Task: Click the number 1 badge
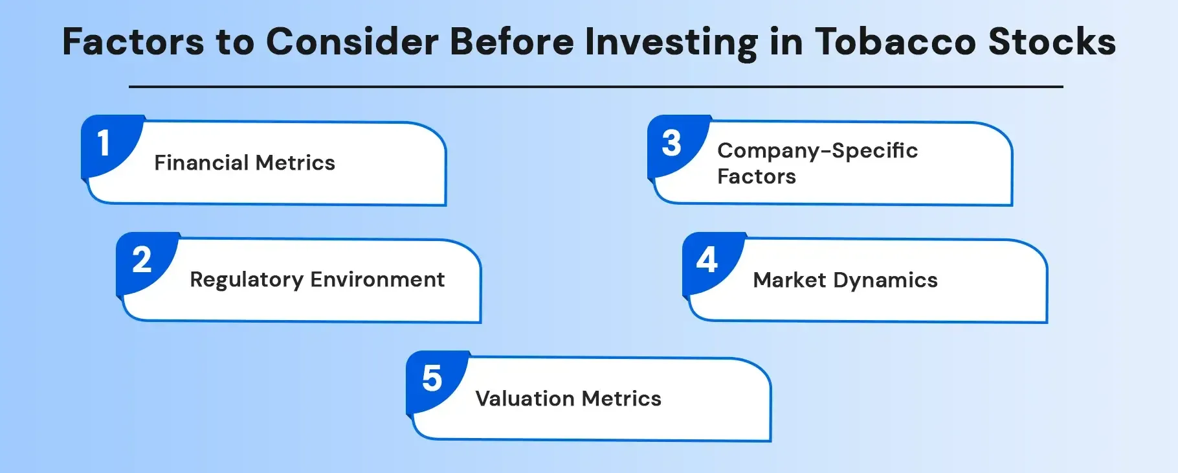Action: click(x=104, y=143)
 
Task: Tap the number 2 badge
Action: click(x=142, y=260)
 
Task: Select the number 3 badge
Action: click(x=671, y=143)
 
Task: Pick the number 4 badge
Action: click(x=707, y=260)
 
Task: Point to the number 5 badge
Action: click(x=432, y=378)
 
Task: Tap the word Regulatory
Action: click(x=246, y=280)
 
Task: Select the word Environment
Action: click(x=377, y=280)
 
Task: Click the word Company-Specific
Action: click(x=817, y=151)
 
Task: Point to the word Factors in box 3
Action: click(x=756, y=176)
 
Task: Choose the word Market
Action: click(x=790, y=280)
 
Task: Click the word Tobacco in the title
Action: click(x=895, y=42)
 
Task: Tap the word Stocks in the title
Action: click(x=1052, y=42)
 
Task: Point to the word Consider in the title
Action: click(x=352, y=42)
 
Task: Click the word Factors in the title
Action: click(x=133, y=42)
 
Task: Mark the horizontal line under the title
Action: click(x=595, y=86)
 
